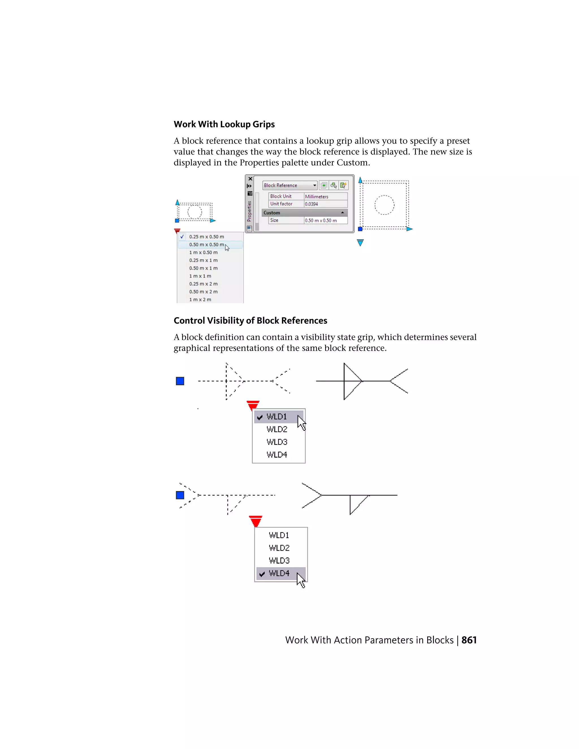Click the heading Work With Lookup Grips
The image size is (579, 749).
[224, 124]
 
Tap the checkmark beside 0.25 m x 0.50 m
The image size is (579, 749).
[182, 237]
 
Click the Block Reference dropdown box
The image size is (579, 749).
[290, 185]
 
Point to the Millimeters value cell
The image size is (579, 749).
[325, 196]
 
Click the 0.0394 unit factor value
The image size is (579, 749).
[325, 204]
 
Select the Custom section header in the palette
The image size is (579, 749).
[304, 213]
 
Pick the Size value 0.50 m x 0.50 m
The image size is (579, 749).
[325, 220]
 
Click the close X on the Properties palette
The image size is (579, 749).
[250, 179]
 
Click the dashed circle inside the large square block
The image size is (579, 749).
[384, 205]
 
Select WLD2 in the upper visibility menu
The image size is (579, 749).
[277, 429]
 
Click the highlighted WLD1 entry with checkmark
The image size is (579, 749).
[277, 417]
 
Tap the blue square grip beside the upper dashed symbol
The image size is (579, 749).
[180, 381]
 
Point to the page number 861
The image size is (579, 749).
[469, 640]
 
